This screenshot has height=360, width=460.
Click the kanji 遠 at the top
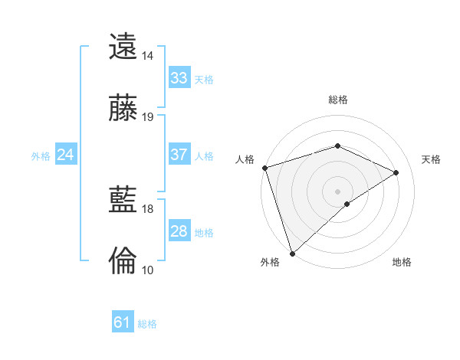123,47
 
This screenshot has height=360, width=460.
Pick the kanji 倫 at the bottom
123,260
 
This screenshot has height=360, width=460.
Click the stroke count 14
147,56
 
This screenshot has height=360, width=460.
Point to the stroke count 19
147,116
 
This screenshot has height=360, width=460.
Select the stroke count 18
147,208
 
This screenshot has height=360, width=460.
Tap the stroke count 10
147,270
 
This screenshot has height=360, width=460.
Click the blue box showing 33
179,78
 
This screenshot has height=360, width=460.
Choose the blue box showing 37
179,155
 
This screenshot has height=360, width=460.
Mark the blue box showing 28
179,231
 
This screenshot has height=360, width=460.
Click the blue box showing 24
66,155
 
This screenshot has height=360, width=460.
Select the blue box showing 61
123,323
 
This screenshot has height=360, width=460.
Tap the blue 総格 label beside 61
147,324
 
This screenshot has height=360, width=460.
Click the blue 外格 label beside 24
41,155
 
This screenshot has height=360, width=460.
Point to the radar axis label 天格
431,159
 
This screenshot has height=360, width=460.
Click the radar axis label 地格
402,263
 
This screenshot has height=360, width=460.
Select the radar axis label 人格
245,159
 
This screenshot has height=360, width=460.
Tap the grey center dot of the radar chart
337,191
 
